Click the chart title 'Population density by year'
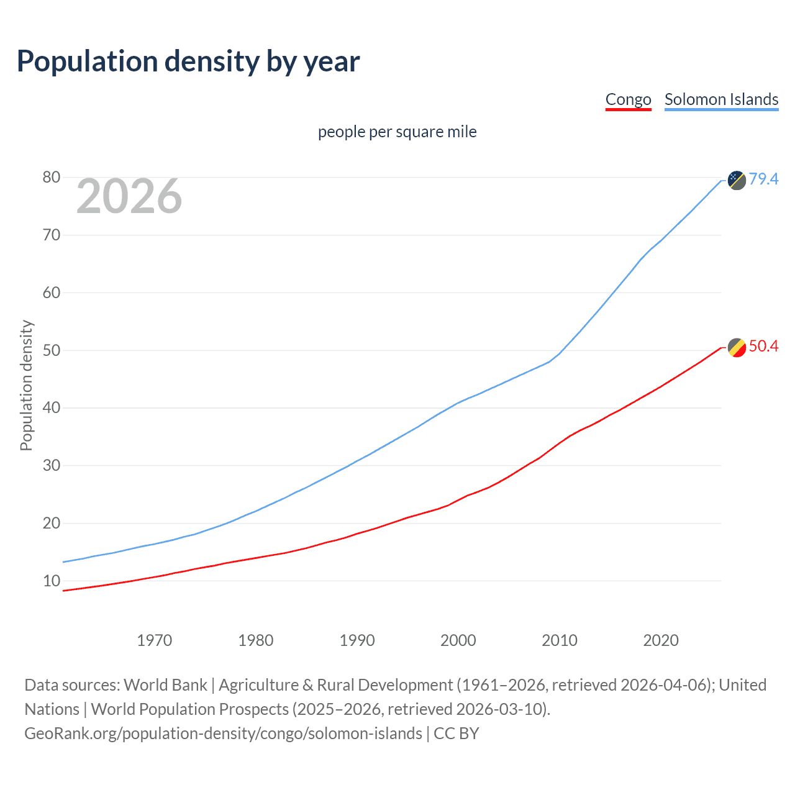188,61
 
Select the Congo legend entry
628,99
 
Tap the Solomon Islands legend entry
721,99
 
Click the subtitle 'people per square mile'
397,132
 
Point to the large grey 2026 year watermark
129,196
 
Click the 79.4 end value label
763,179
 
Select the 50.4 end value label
763,346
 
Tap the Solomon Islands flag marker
737,180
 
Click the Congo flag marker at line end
737,348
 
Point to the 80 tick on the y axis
52,178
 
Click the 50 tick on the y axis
52,350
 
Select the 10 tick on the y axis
52,581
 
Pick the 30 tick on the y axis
52,466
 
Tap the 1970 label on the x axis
155,640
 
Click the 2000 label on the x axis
458,640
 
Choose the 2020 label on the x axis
661,640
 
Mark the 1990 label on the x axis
357,640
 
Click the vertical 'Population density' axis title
26,385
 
